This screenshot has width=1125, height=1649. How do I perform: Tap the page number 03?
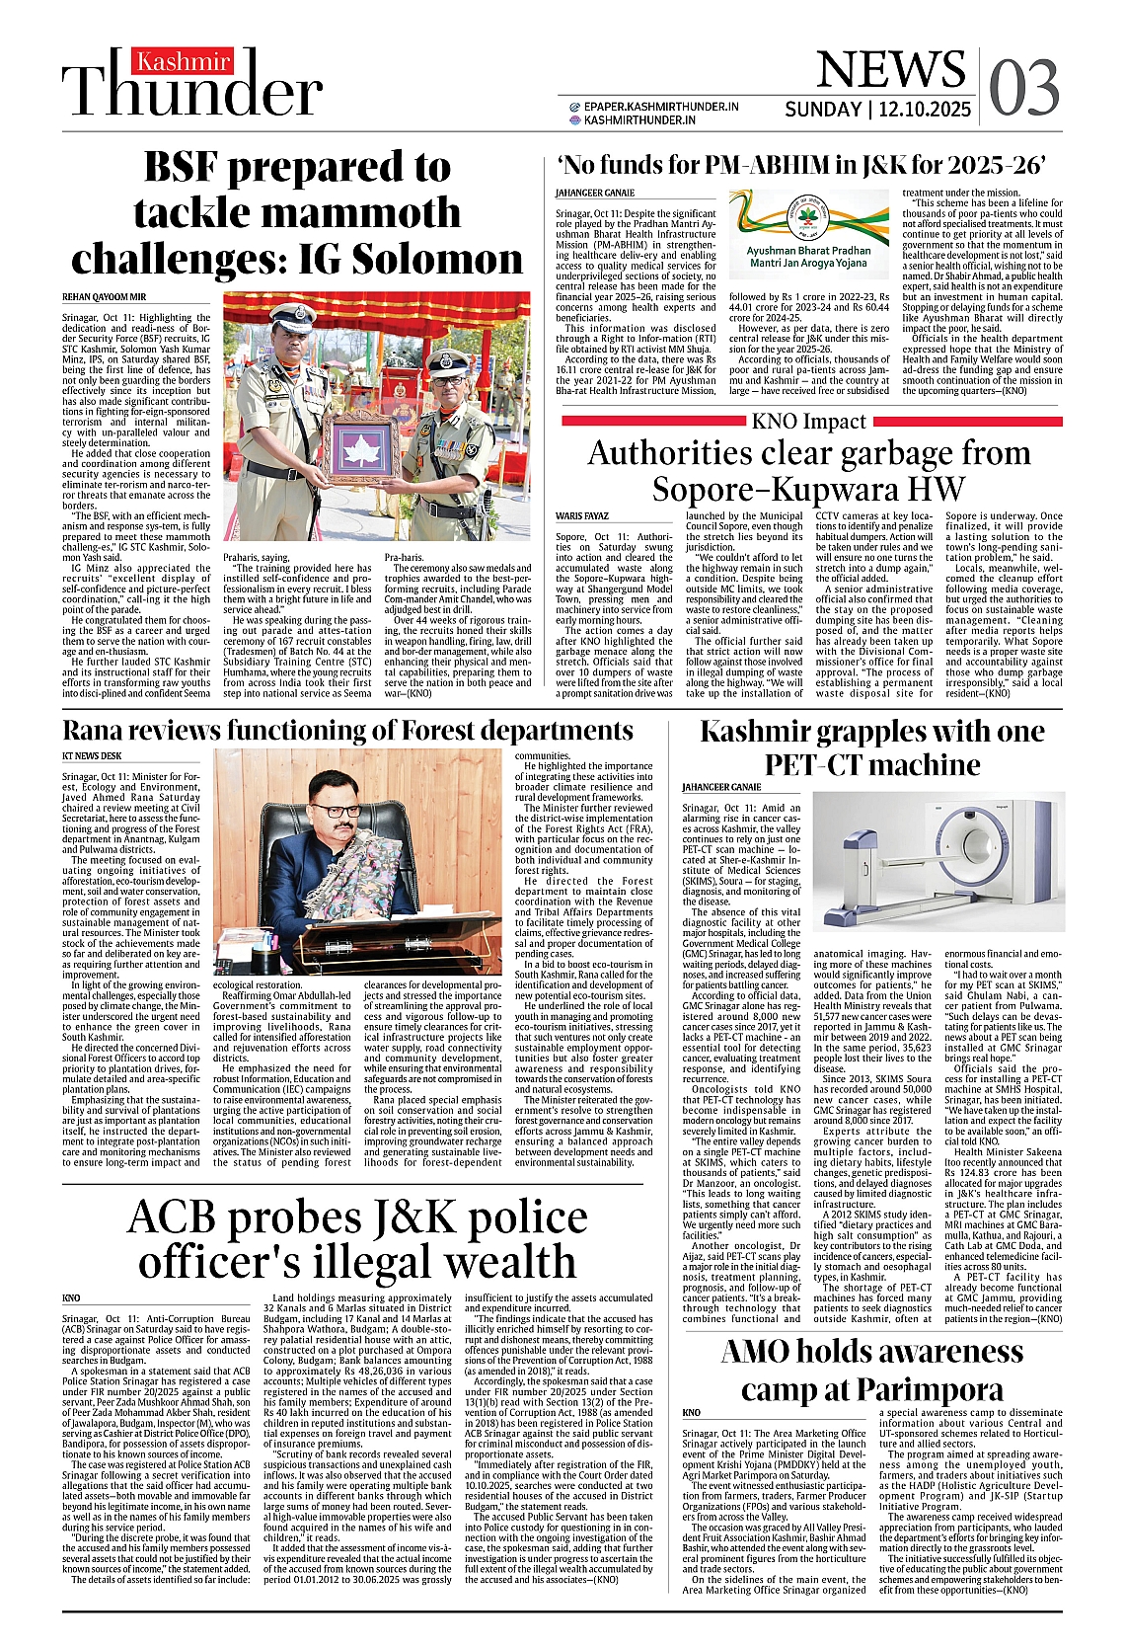(1023, 87)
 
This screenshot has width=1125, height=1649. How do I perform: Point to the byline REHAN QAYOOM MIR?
(104, 297)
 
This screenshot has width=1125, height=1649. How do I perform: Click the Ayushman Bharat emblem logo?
(808, 218)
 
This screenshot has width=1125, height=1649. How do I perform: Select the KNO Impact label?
(808, 422)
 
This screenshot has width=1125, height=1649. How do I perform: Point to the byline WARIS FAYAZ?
(582, 516)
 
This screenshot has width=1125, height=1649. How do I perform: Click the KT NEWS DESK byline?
(92, 756)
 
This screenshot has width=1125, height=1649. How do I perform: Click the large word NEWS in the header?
(890, 70)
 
